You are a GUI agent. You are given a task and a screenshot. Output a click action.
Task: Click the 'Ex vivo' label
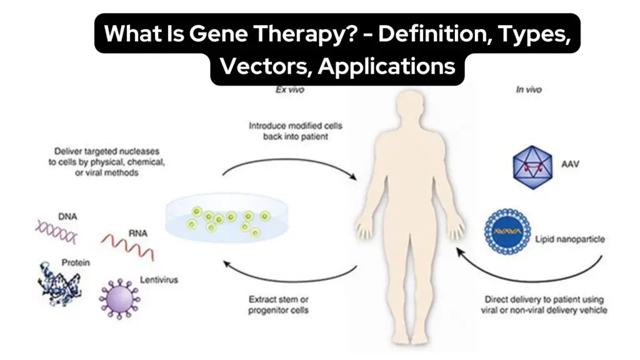click(x=290, y=90)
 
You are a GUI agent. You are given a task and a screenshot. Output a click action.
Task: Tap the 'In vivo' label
click(x=529, y=90)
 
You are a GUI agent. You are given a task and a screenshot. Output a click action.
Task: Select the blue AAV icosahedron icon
click(x=532, y=167)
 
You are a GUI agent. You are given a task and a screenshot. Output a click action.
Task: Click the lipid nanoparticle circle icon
click(x=507, y=231)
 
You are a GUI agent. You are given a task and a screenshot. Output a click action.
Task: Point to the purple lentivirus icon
click(x=119, y=299)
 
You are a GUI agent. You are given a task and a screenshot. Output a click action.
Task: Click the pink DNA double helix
click(x=56, y=231)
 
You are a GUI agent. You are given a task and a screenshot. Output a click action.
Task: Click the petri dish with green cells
click(x=227, y=218)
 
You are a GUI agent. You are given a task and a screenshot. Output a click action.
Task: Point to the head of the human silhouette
click(x=410, y=107)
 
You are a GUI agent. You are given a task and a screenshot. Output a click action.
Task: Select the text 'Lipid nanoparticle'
click(x=570, y=239)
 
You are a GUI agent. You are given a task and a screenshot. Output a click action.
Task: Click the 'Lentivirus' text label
click(x=159, y=280)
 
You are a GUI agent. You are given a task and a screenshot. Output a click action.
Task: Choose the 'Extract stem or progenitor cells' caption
click(x=278, y=305)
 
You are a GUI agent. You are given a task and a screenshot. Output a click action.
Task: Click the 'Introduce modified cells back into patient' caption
click(x=296, y=131)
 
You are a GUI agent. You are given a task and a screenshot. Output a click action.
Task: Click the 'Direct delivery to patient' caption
click(x=544, y=305)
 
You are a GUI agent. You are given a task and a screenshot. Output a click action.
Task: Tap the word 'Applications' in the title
click(x=386, y=66)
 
